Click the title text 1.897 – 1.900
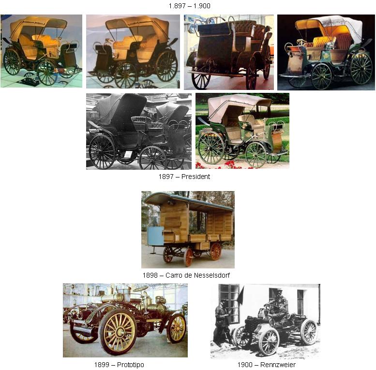(189, 6)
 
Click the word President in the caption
(196, 177)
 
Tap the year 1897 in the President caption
(165, 177)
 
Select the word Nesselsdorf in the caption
(212, 275)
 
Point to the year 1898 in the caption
(150, 275)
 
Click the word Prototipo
(131, 365)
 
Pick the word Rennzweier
(278, 365)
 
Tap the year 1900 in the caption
(244, 365)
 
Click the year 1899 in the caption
(102, 365)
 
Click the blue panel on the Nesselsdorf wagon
(156, 236)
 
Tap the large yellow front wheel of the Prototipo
(118, 332)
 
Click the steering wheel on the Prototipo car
(141, 288)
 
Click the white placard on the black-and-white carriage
(128, 155)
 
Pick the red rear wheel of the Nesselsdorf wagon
(215, 252)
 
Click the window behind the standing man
(229, 303)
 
